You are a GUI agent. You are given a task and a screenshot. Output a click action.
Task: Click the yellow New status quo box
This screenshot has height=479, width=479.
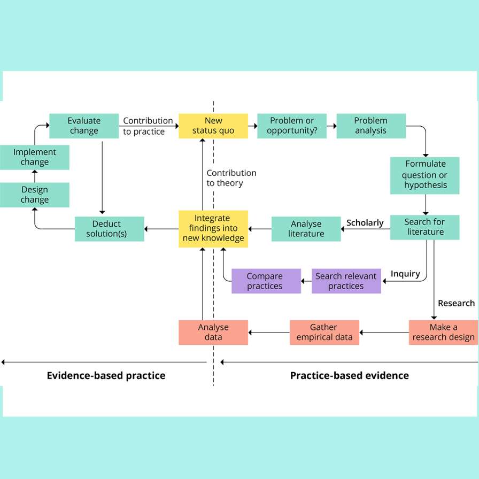(x=213, y=126)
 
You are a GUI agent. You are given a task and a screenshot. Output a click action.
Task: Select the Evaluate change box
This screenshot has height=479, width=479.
(x=84, y=126)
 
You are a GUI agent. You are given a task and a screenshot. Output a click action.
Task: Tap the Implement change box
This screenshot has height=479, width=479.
(x=34, y=157)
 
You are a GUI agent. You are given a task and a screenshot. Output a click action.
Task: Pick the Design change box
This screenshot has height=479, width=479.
(x=34, y=195)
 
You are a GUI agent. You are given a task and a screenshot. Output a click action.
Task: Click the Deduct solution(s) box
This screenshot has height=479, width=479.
(x=110, y=229)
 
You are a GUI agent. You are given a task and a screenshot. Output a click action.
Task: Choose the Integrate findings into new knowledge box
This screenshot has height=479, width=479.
(x=213, y=228)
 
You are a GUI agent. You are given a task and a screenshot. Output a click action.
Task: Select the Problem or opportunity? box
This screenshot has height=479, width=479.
(x=292, y=126)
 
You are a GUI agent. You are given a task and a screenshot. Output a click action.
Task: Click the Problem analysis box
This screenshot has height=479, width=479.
(x=371, y=126)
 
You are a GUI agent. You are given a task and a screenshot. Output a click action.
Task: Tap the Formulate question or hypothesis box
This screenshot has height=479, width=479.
(x=425, y=175)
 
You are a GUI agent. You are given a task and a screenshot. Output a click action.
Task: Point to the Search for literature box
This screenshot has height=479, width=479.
(x=425, y=227)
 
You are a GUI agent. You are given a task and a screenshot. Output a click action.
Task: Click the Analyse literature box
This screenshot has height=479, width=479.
(x=306, y=229)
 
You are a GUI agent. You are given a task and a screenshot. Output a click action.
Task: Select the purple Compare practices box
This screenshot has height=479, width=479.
(x=266, y=281)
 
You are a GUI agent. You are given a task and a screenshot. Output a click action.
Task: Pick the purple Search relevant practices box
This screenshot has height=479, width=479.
(x=346, y=281)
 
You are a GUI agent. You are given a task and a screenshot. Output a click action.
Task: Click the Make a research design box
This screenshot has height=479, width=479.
(x=443, y=332)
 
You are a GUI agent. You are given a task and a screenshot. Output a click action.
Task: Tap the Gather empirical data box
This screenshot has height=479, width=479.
(x=325, y=332)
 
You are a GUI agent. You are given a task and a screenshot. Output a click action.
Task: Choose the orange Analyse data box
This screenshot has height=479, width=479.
(x=213, y=332)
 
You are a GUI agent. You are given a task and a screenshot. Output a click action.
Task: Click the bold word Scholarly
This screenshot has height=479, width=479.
(x=365, y=223)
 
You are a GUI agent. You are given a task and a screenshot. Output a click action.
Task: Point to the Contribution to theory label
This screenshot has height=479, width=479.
(x=231, y=178)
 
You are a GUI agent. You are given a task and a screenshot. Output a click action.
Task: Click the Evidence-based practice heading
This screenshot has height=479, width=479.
(x=106, y=375)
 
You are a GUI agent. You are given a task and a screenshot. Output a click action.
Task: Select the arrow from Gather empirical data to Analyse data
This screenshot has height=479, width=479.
(x=269, y=333)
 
